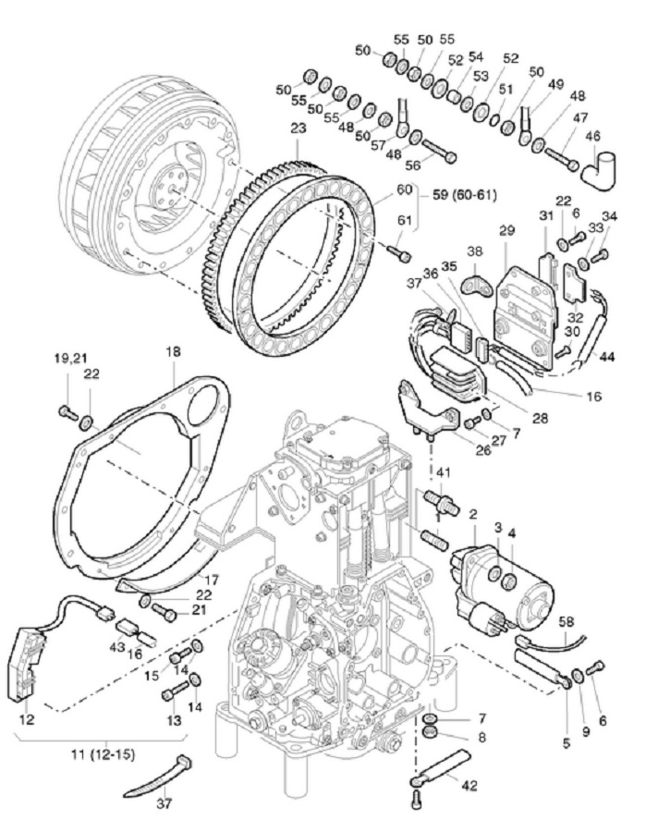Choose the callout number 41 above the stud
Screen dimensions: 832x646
[x=444, y=472]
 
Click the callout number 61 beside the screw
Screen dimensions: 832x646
[x=404, y=219]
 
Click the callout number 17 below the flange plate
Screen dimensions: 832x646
[x=212, y=580]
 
